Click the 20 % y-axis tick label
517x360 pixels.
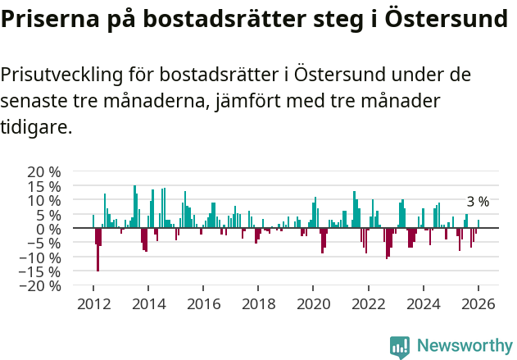point(44,172)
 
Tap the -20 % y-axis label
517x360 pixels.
point(41,286)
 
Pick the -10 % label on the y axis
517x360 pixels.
point(41,257)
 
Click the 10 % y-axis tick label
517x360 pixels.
point(44,201)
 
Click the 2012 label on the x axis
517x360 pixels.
point(93,303)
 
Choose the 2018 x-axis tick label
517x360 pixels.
point(258,303)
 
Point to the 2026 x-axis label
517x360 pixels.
point(478,303)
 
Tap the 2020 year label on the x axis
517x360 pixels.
point(313,303)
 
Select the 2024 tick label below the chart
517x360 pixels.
point(424,303)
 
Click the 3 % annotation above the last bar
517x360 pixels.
point(478,202)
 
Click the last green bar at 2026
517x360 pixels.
point(478,224)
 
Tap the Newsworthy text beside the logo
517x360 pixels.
point(464,346)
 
